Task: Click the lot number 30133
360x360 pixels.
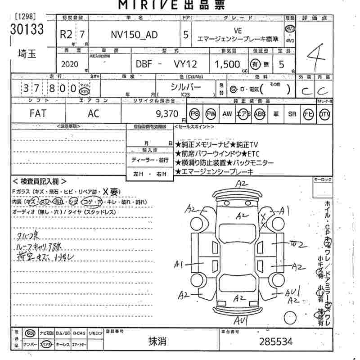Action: coord(27,30)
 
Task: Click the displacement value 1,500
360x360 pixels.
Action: coord(228,64)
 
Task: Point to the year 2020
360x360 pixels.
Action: coord(69,64)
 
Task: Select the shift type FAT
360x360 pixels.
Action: coord(37,114)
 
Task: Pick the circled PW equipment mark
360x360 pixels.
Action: coord(210,114)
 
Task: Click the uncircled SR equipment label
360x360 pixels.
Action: coord(292,114)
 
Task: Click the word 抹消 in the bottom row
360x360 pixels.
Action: coord(158,342)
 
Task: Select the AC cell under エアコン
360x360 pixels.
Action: coord(93,114)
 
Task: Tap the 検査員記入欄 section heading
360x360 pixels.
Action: coord(40,181)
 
